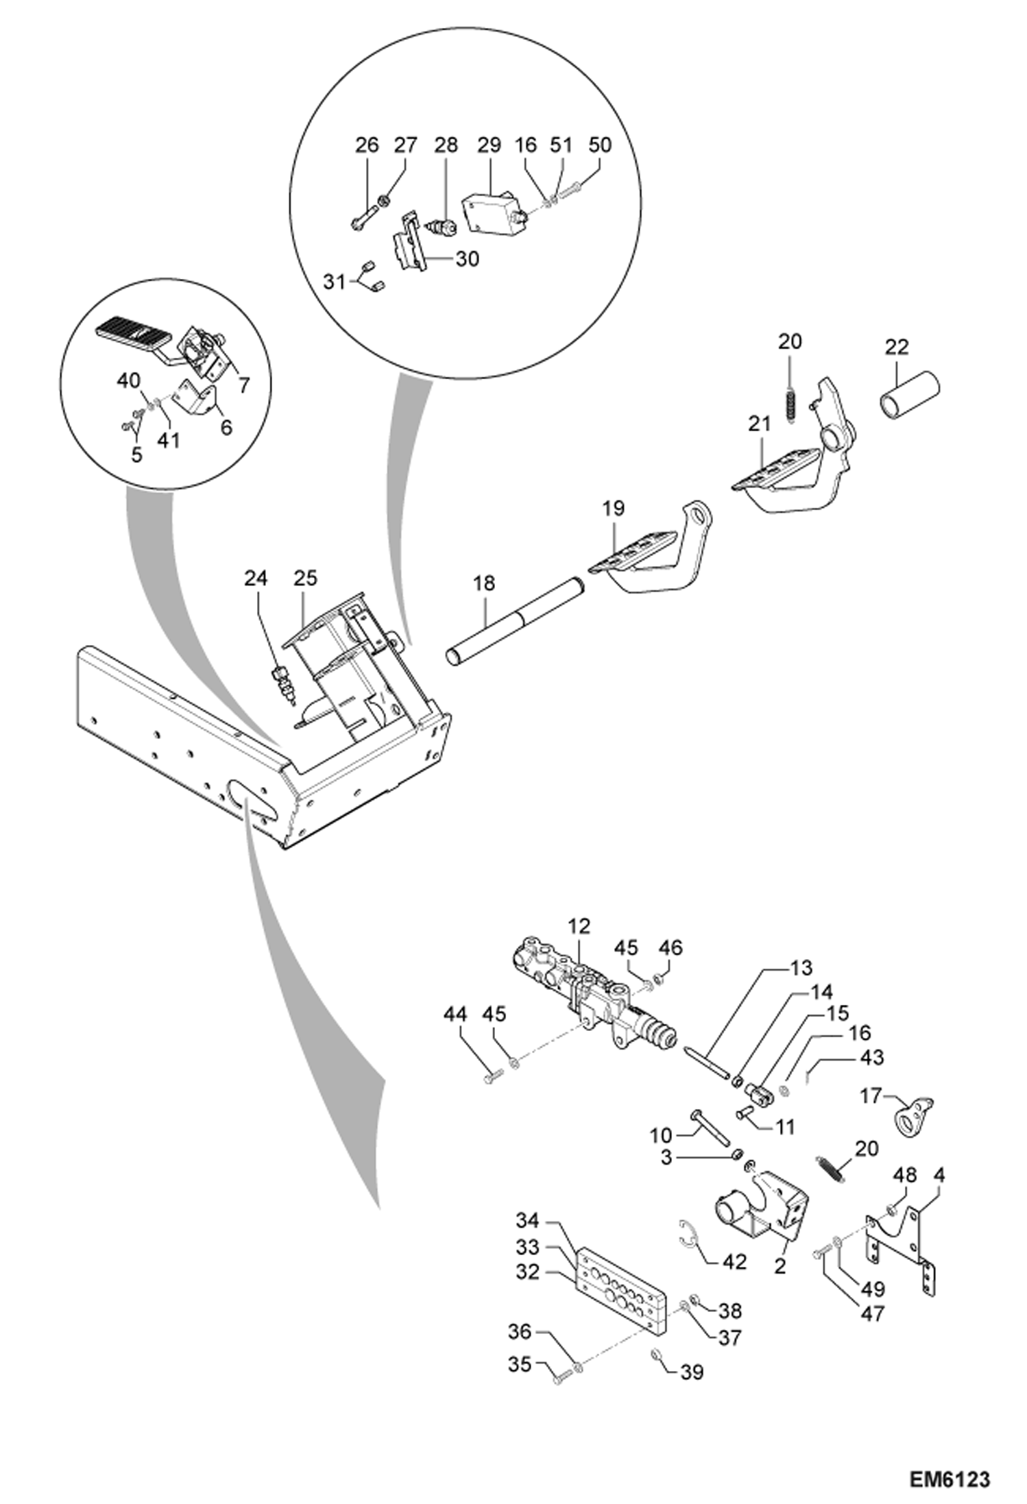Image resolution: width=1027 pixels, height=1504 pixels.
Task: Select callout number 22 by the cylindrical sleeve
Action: coord(896,347)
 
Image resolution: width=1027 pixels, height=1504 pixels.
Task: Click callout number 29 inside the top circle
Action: coord(489,145)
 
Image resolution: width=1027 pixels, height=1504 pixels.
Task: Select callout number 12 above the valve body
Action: coord(579,926)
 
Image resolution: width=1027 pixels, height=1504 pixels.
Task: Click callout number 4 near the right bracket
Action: coord(939,1175)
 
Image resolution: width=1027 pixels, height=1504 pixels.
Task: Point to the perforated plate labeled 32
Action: coord(620,1289)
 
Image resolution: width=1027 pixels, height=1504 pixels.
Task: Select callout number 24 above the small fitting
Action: coord(255,578)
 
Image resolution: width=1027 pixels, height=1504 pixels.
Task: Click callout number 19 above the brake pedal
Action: coord(614,508)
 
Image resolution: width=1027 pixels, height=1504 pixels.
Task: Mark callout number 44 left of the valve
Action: coord(455,1014)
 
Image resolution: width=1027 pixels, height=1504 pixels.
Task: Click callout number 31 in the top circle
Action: coord(334,281)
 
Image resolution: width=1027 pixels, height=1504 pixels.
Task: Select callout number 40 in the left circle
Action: coord(128,380)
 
